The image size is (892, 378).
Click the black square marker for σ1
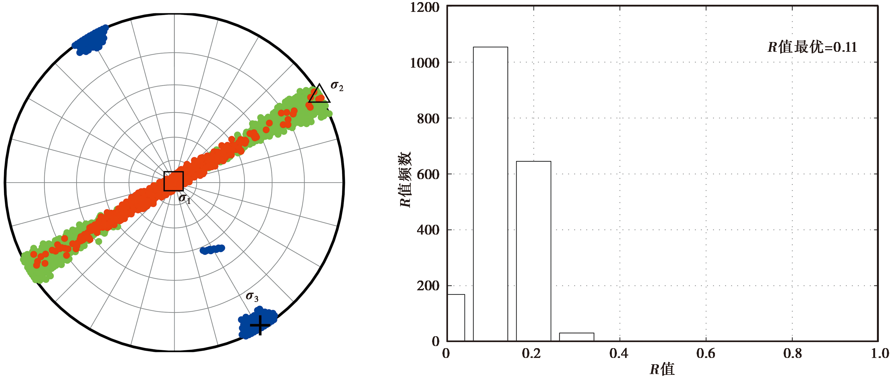pos(173,181)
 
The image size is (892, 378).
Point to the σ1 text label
pos(184,198)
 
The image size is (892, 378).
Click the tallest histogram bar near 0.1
pos(490,194)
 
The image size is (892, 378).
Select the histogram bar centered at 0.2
pos(533,251)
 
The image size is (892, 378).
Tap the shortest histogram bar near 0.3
pos(576,337)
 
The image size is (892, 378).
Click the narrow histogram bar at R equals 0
pos(456,318)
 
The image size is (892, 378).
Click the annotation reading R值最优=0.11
pos(812,47)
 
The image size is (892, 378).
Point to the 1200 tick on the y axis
pos(424,7)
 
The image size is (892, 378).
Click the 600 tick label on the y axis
pos(428,174)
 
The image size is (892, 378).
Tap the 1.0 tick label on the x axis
pos(880,353)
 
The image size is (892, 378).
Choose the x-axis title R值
pos(662,369)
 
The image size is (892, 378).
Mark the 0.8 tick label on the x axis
pos(793,353)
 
